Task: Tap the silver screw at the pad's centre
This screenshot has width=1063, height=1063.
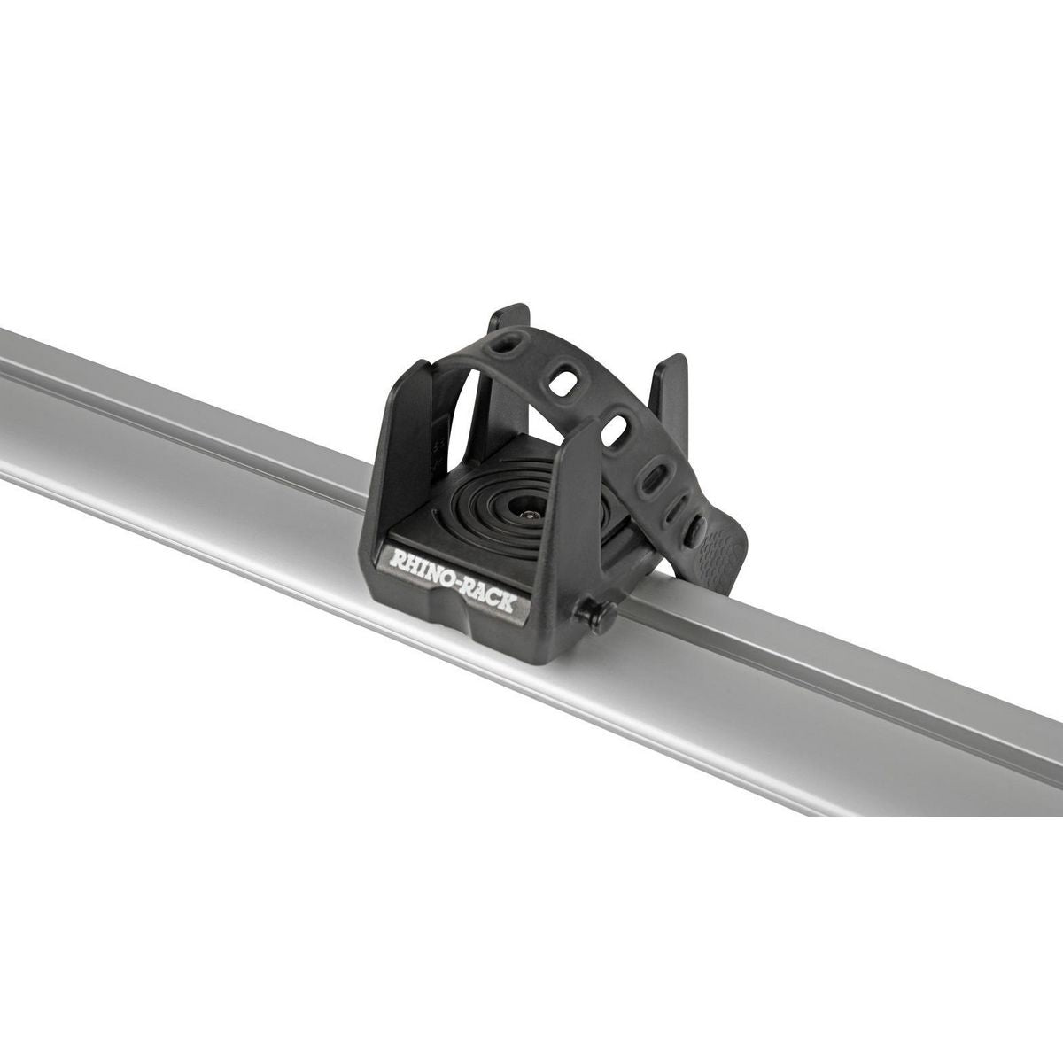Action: pyautogui.click(x=530, y=513)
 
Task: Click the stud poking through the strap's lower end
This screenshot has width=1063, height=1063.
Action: pyautogui.click(x=696, y=531)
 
